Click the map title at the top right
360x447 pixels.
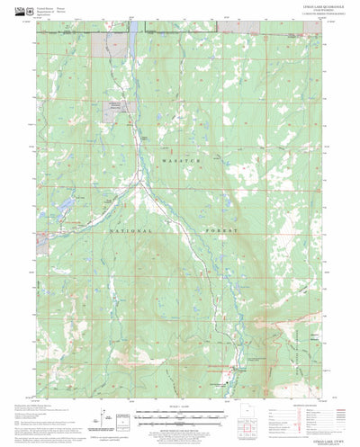297,11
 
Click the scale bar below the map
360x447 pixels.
176,417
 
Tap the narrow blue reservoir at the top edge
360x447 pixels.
131,28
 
